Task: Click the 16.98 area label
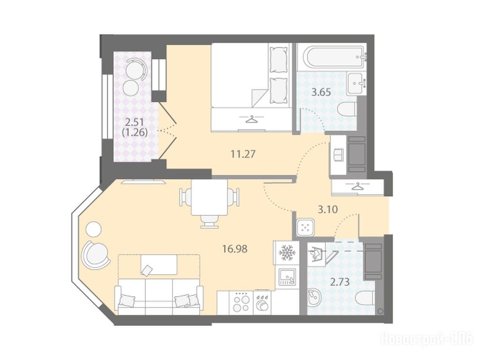click(x=235, y=249)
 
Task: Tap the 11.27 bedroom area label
click(x=243, y=154)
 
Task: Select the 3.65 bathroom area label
click(x=321, y=92)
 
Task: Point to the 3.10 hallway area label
click(x=328, y=210)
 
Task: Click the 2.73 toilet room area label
click(x=340, y=282)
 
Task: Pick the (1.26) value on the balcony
click(x=135, y=133)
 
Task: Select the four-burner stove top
click(x=241, y=302)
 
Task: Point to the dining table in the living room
click(x=210, y=197)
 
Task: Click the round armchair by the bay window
click(x=96, y=254)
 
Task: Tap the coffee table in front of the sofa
click(x=158, y=264)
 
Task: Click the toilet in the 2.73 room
click(x=366, y=298)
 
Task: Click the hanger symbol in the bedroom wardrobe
click(x=251, y=119)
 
